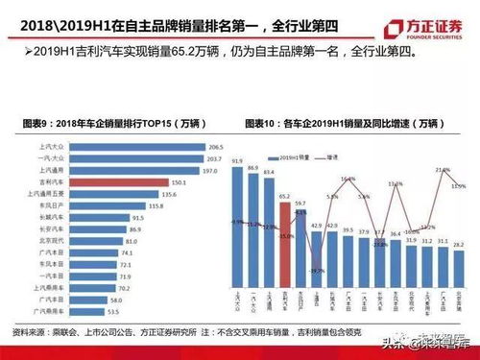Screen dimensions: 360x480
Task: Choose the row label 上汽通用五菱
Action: pyautogui.click(x=45, y=192)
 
